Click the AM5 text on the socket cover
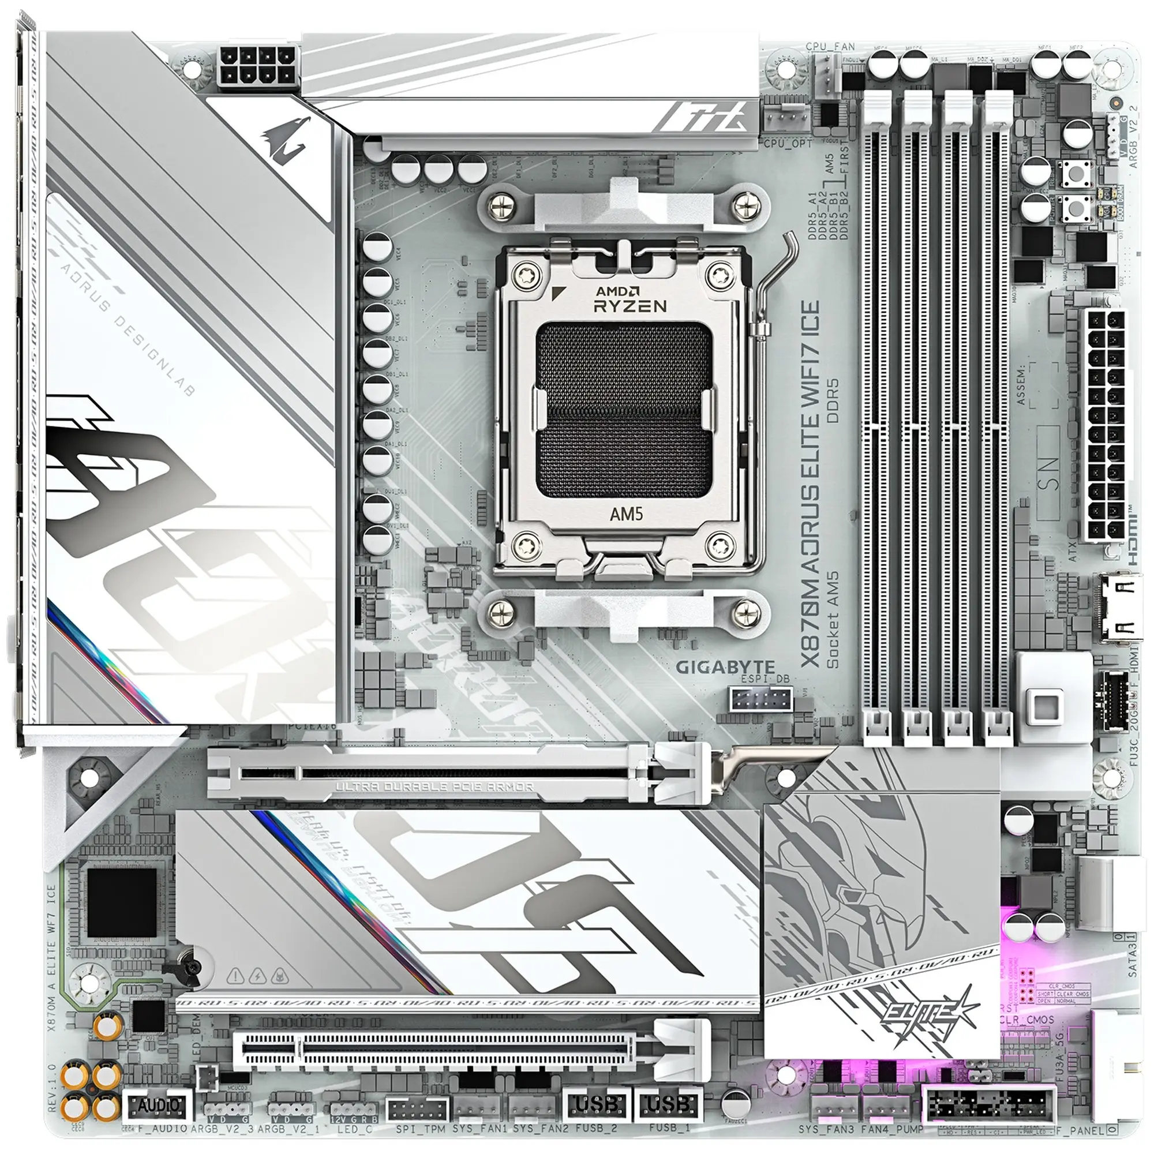point(626,514)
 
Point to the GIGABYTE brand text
point(725,667)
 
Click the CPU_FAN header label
point(830,47)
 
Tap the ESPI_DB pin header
point(760,699)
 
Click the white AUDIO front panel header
point(158,1106)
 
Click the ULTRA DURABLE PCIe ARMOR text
point(434,787)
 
